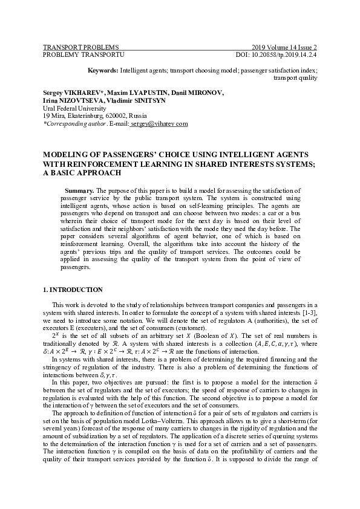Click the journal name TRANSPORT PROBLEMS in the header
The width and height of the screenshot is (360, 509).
80,47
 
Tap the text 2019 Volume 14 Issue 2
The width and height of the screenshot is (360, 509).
284,47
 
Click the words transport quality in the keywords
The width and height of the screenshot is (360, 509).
295,78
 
